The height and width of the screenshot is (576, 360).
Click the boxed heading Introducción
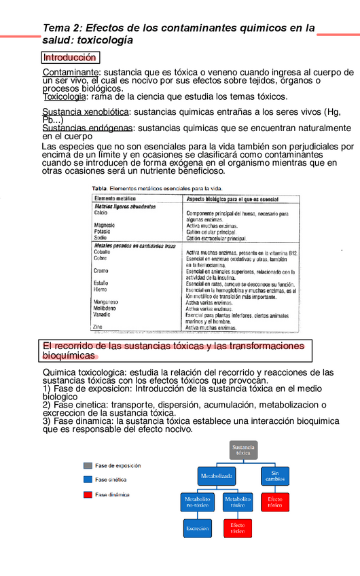pyautogui.click(x=71, y=58)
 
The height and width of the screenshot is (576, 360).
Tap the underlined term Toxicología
pyautogui.click(x=64, y=96)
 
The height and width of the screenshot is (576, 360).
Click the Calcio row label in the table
pyautogui.click(x=101, y=213)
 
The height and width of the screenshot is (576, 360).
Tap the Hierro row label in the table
pyautogui.click(x=101, y=289)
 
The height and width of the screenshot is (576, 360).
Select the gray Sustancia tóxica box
pyautogui.click(x=242, y=450)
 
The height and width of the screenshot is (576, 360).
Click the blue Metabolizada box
pyautogui.click(x=217, y=476)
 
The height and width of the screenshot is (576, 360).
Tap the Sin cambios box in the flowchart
pyautogui.click(x=274, y=475)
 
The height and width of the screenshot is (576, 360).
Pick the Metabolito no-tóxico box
pyautogui.click(x=198, y=502)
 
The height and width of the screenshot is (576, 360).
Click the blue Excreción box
pyautogui.click(x=198, y=528)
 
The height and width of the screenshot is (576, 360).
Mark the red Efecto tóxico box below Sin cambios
pyautogui.click(x=274, y=502)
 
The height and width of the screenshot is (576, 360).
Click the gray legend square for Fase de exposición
pyautogui.click(x=88, y=466)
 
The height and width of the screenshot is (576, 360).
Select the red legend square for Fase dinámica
pyautogui.click(x=88, y=494)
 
